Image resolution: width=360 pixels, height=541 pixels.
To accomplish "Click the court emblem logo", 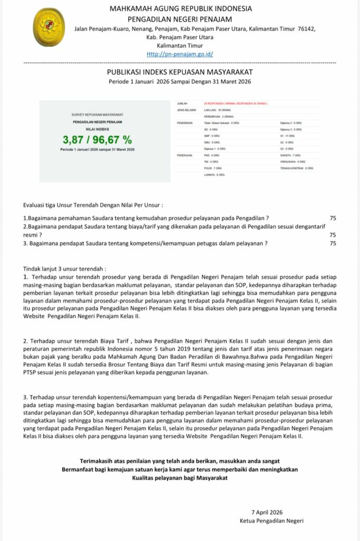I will click(49, 27).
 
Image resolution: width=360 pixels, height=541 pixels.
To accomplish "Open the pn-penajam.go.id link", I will click(180, 54).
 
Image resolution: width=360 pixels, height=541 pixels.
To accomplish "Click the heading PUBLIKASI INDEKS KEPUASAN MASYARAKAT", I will click(180, 72).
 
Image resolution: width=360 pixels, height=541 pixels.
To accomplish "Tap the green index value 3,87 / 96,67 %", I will click(97, 140).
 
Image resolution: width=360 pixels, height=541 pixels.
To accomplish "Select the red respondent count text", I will click(235, 103).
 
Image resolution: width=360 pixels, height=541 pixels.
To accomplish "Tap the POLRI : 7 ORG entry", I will click(213, 168).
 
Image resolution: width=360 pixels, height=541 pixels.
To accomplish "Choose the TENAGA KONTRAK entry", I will click(297, 168).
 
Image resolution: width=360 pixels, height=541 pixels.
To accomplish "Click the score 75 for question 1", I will click(333, 218).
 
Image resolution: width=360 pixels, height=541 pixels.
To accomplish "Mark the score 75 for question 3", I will click(333, 244).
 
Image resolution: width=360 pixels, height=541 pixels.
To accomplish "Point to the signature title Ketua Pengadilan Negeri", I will click(271, 521).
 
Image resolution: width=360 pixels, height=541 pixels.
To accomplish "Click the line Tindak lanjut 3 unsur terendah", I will click(65, 268).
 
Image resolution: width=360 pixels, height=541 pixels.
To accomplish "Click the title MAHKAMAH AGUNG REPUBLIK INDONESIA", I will click(180, 8).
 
